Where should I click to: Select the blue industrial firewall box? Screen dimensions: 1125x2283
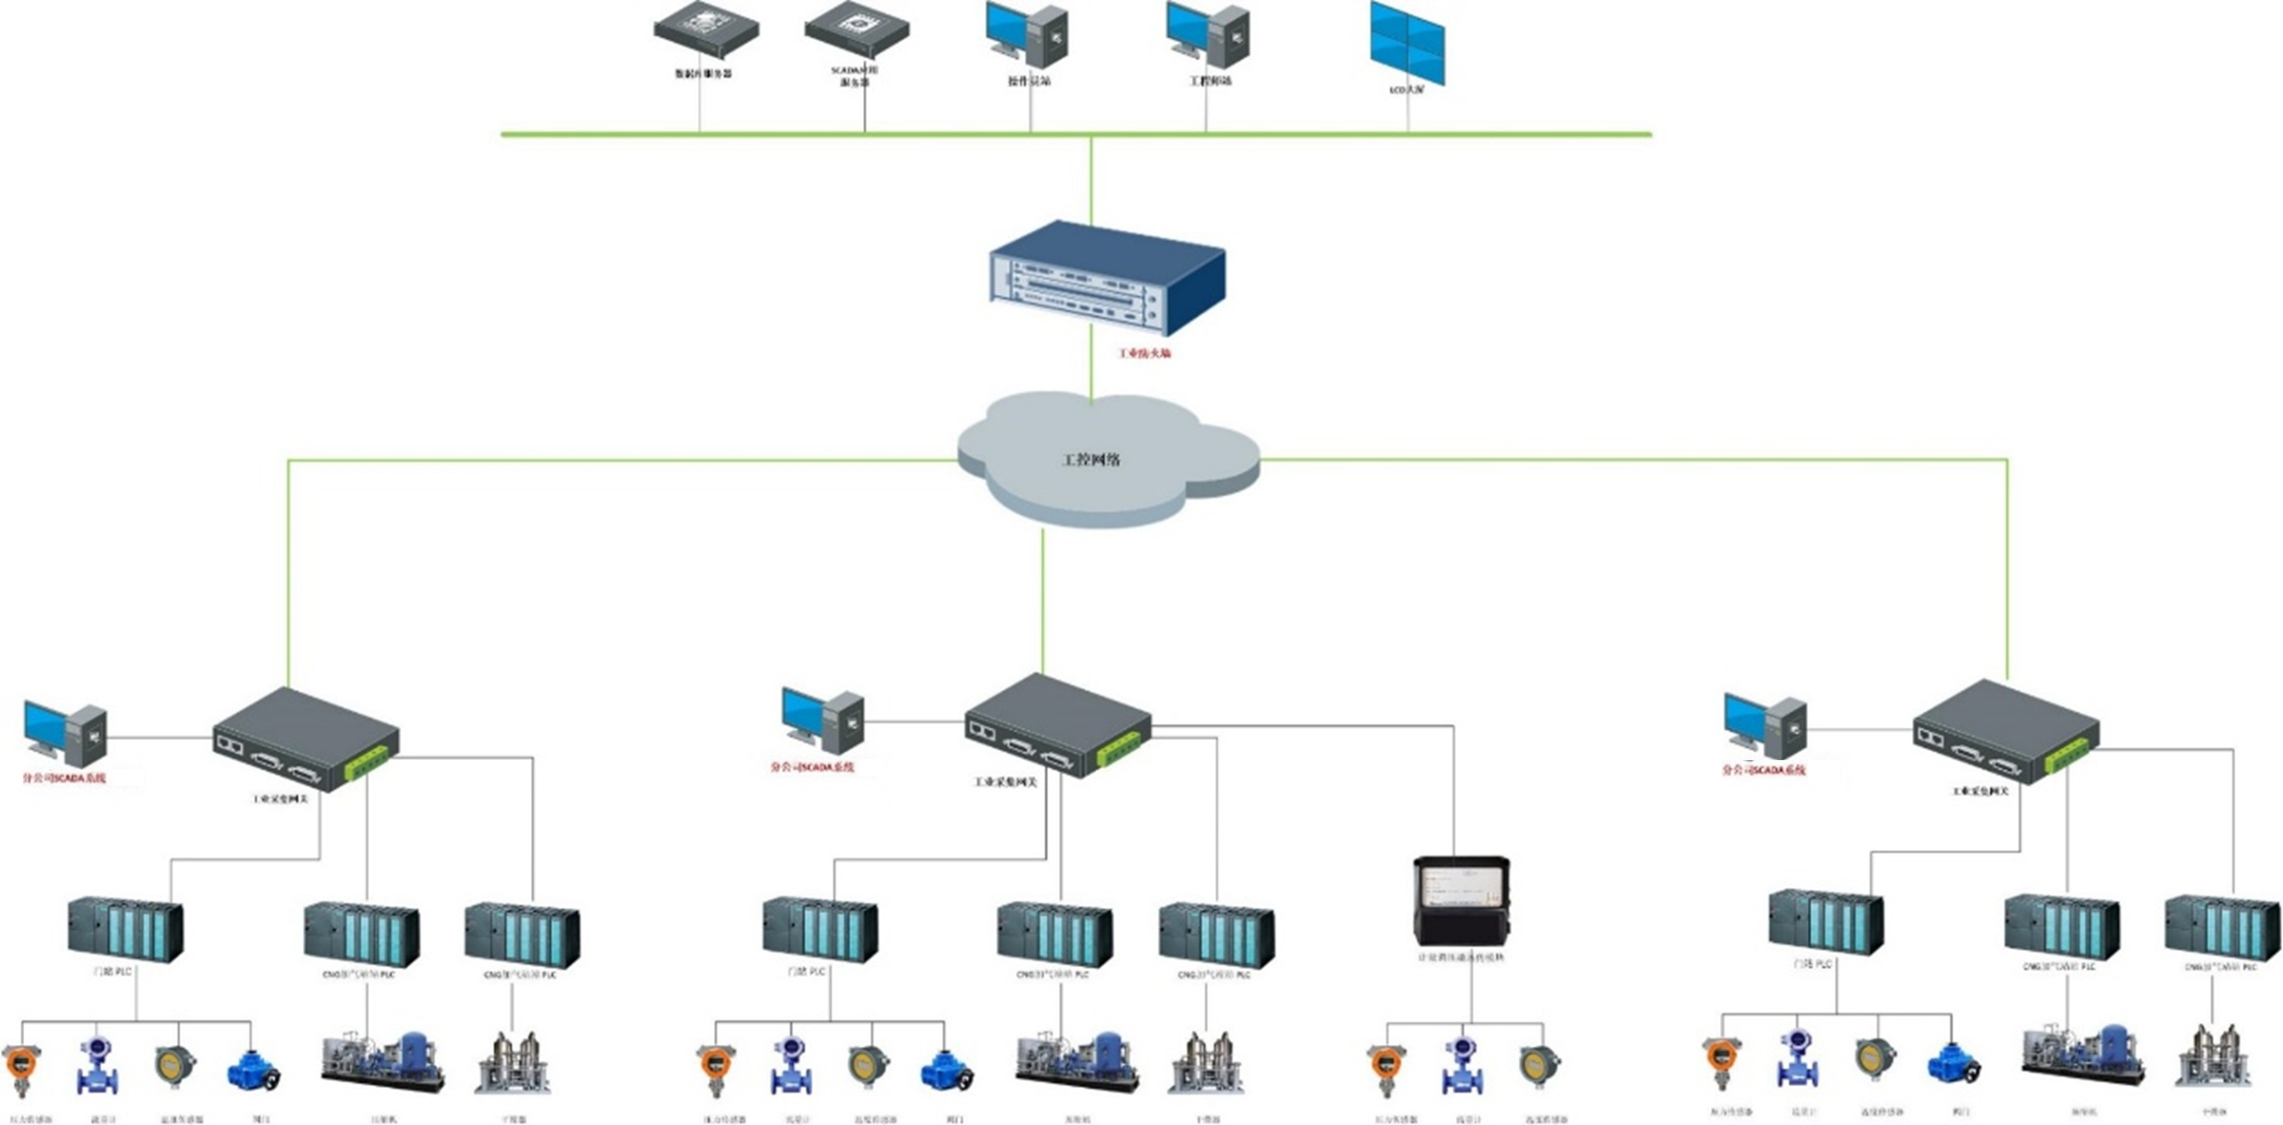coord(1107,278)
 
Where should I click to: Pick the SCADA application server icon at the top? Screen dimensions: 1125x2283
coord(856,30)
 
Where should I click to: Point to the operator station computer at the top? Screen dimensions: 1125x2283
coord(1027,35)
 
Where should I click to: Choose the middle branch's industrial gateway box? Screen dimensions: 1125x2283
coord(1057,725)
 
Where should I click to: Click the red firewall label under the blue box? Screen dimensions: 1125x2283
coord(1144,353)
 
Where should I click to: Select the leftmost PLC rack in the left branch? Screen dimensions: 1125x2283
coord(125,930)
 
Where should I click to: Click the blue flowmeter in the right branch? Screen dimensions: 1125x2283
coord(1798,1059)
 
